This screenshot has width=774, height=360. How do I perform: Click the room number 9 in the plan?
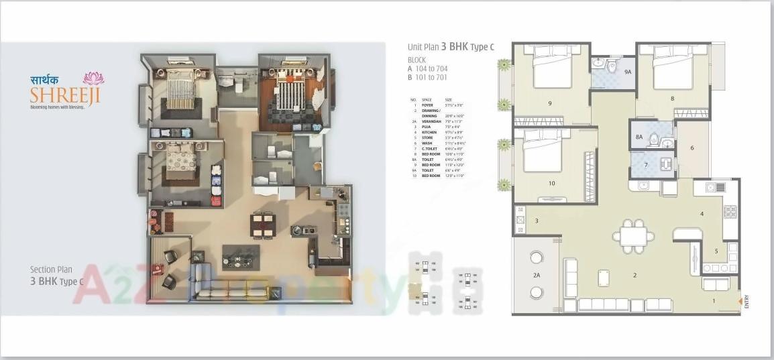pyautogui.click(x=549, y=103)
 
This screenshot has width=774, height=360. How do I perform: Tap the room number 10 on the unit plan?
pyautogui.click(x=551, y=183)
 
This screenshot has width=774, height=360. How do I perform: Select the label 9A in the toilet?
pyautogui.click(x=628, y=72)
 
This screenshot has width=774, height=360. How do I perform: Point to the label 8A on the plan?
pyautogui.click(x=639, y=137)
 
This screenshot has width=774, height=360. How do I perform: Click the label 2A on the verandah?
pyautogui.click(x=537, y=275)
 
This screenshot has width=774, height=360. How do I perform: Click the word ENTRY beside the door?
pyautogui.click(x=747, y=301)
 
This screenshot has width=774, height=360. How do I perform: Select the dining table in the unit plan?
pyautogui.click(x=634, y=235)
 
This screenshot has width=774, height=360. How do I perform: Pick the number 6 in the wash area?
pyautogui.click(x=692, y=147)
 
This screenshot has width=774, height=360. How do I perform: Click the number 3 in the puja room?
pyautogui.click(x=537, y=221)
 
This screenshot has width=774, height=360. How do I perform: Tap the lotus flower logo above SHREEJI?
pyautogui.click(x=93, y=79)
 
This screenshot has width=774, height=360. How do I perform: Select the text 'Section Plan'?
pyautogui.click(x=52, y=269)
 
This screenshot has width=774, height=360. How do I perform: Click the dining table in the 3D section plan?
pyautogui.click(x=264, y=225)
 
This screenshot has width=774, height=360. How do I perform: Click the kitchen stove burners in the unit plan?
pyautogui.click(x=729, y=212)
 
